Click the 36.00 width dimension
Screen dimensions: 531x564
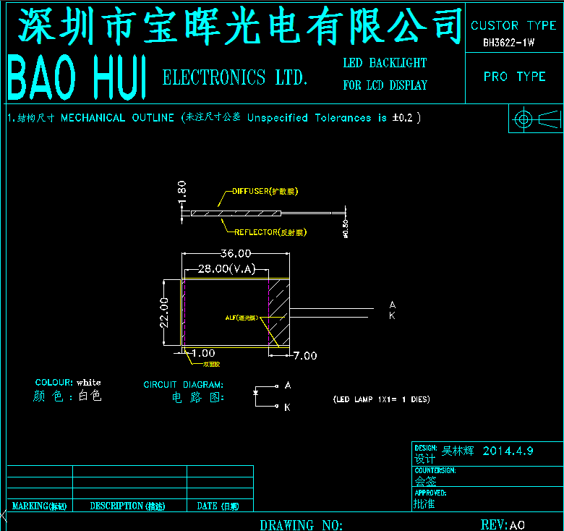[x=236, y=253]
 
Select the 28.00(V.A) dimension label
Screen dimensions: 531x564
[x=227, y=269]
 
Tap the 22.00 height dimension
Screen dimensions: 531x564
[x=164, y=312]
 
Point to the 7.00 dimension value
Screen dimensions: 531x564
[x=304, y=355]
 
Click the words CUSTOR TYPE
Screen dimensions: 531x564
[x=513, y=25]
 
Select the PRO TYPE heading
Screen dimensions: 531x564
[x=514, y=76]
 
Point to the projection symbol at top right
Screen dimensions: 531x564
[x=536, y=118]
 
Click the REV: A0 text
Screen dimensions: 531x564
[x=503, y=524]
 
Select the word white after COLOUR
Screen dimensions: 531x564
[x=89, y=382]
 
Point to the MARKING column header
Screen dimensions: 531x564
[x=39, y=506]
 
